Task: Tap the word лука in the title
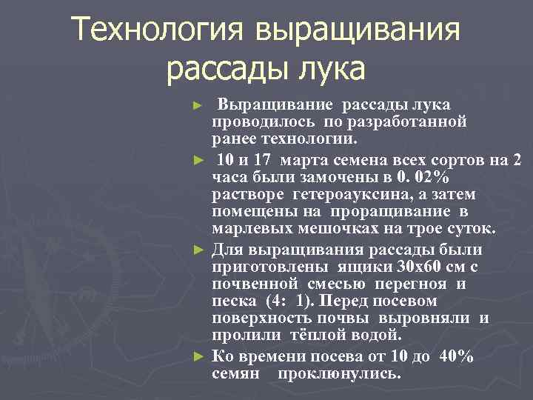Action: pyautogui.click(x=332, y=70)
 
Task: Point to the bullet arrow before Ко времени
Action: pyautogui.click(x=197, y=356)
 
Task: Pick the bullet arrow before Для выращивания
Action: pyautogui.click(x=197, y=248)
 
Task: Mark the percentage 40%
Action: pyautogui.click(x=456, y=356)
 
